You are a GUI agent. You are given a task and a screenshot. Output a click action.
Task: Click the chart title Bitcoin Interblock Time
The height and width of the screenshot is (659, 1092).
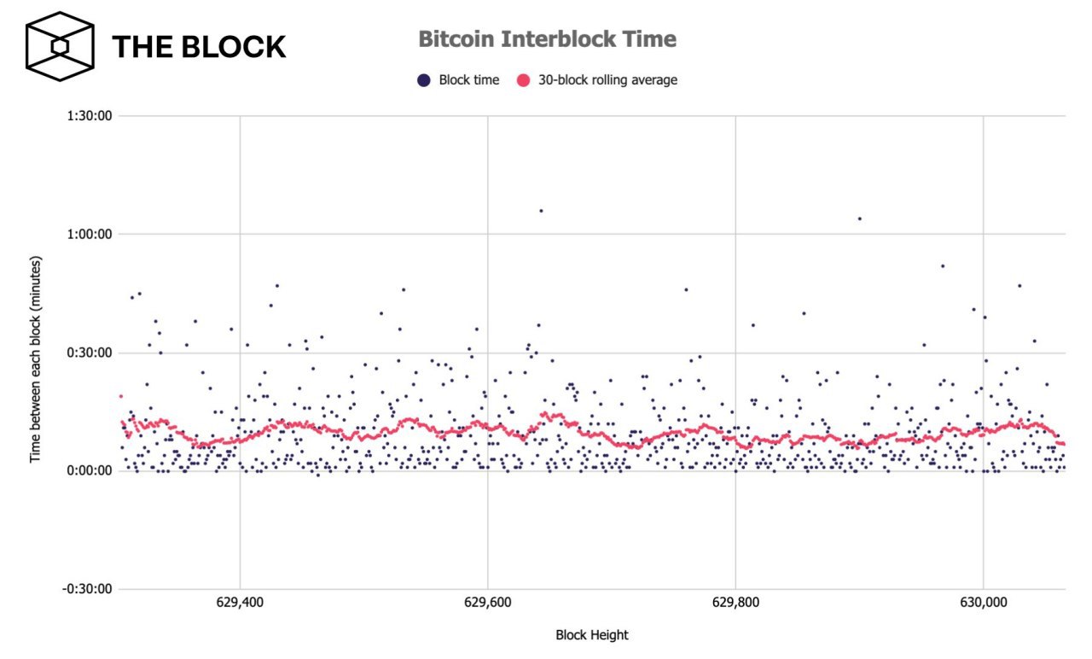tap(547, 39)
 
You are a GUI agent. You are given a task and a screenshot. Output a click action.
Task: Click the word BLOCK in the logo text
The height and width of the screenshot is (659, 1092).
tap(233, 47)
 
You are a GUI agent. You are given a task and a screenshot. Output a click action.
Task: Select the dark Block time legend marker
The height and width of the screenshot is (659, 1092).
tap(422, 80)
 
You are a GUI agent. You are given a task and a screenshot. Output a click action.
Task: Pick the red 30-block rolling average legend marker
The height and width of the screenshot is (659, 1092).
tap(522, 80)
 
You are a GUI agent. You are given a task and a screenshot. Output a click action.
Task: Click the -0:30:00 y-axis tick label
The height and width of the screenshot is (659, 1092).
tap(89, 588)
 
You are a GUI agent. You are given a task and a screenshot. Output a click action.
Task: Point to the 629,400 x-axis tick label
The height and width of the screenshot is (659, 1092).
tap(241, 603)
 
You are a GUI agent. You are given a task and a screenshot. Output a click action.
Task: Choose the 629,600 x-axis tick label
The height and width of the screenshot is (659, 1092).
tap(488, 603)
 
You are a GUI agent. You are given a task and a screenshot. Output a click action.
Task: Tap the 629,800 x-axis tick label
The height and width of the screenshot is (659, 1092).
tap(735, 603)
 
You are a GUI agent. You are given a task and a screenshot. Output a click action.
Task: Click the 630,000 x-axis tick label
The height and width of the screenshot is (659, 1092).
tap(984, 603)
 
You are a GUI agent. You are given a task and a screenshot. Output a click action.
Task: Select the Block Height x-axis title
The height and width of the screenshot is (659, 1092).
tap(592, 635)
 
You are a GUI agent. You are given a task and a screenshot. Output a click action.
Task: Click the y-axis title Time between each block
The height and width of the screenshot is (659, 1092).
tap(36, 359)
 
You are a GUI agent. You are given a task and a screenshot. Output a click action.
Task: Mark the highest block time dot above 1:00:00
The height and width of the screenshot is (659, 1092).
tap(541, 210)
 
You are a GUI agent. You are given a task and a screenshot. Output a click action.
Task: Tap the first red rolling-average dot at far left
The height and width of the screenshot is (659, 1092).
tap(121, 396)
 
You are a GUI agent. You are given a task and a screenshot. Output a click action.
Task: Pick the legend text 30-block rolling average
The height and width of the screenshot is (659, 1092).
tap(607, 80)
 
